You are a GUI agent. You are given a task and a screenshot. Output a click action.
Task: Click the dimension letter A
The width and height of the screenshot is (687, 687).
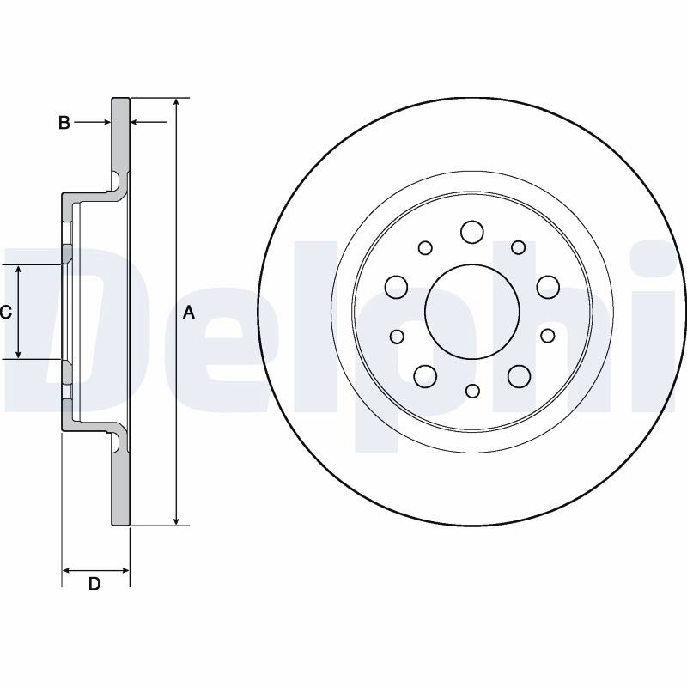pos(188,313)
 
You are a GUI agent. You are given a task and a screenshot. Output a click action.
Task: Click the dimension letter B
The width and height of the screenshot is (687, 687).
pos(64,123)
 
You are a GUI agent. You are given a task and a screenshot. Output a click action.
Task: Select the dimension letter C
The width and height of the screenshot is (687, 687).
pos(6,313)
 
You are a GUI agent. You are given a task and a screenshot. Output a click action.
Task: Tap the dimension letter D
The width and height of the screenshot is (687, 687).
pos(94,584)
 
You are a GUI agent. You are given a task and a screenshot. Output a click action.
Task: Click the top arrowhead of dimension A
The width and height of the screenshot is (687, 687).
pos(176,102)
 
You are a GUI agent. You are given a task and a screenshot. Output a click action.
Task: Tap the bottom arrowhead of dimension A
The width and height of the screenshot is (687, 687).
pos(176,520)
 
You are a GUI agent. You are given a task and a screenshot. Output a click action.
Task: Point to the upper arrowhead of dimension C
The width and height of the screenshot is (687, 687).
pos(18,270)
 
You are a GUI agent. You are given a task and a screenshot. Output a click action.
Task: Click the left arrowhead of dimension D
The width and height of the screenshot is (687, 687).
pos(68,570)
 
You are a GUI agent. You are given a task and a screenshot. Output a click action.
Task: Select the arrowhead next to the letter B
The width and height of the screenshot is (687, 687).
pos(106,122)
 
